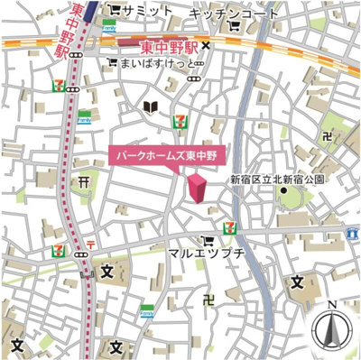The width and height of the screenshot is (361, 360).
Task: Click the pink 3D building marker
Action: pyautogui.click(x=197, y=189)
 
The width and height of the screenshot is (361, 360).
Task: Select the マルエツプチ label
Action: pyautogui.click(x=207, y=255)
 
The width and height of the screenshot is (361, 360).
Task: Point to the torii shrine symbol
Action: pyautogui.click(x=83, y=182)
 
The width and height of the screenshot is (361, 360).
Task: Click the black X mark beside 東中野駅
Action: pyautogui.click(x=205, y=44)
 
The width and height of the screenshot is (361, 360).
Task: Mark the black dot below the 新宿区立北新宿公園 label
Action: pyautogui.click(x=282, y=190)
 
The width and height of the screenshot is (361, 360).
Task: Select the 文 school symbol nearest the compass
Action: pyautogui.click(x=297, y=282)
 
